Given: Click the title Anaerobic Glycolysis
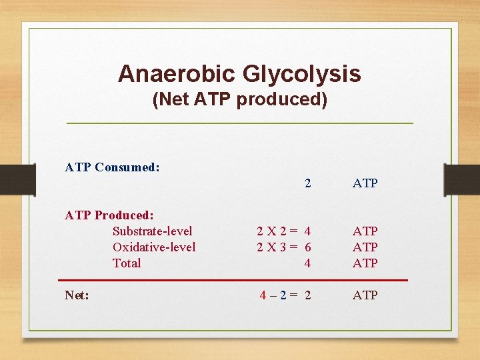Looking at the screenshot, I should click(x=239, y=73).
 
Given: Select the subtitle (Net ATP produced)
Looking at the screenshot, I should click(x=239, y=100).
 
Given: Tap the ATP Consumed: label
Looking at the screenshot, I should click(x=112, y=167).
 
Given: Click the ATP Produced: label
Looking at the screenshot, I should click(x=109, y=215).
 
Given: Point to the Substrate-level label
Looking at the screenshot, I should click(x=153, y=231).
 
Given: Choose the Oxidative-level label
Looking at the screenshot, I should click(x=154, y=247).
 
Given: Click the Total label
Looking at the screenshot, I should click(x=127, y=263).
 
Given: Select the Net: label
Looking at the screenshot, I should click(x=77, y=295).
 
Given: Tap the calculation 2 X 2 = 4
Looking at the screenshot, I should click(x=284, y=231).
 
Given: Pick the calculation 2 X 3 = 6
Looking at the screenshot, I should click(x=284, y=247).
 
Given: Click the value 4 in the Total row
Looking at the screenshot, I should click(x=307, y=263).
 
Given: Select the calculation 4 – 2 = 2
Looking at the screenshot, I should click(x=285, y=295).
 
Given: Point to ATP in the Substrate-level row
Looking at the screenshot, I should click(x=365, y=231).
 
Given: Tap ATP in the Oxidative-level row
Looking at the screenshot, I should click(x=365, y=247).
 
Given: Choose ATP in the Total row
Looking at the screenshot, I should click(x=365, y=263).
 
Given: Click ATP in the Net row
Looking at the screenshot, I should click(x=365, y=295).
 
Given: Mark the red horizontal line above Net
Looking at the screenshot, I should click(x=233, y=280).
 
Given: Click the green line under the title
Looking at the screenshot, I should click(x=239, y=123).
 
